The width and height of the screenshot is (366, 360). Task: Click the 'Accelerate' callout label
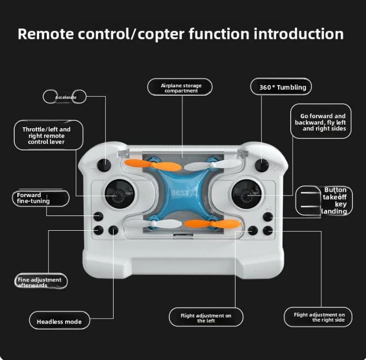tap(65, 97)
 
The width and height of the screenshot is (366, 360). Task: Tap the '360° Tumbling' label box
tap(281, 87)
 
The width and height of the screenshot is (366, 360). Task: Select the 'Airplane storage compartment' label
tap(180, 87)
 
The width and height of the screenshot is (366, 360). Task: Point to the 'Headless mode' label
tap(59, 321)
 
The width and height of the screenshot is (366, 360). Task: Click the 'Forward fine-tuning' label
tap(40, 198)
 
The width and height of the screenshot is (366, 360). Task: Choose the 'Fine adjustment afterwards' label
tap(41, 281)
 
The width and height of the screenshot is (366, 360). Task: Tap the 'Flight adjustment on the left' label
tap(206, 317)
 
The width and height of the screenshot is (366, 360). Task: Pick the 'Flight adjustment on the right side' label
tap(318, 317)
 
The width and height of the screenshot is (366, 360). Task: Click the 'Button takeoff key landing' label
tap(324, 201)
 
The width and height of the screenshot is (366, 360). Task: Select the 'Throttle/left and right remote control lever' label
tap(48, 135)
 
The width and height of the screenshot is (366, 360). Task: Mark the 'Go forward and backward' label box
tap(321, 121)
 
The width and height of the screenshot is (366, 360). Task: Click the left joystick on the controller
tap(119, 193)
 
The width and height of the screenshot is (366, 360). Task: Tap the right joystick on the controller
tap(246, 193)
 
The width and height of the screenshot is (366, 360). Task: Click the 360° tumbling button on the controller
tap(262, 164)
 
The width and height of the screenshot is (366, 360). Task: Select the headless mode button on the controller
tap(113, 230)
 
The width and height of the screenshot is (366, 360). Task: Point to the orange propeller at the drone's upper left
tap(153, 165)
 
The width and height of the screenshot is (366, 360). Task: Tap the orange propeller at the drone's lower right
tap(212, 224)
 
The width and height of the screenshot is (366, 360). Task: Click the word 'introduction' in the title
tap(299, 34)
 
